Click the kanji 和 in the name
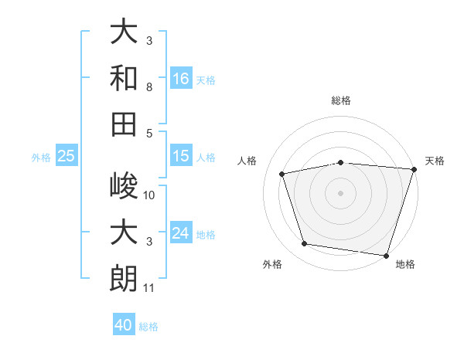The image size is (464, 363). point(124,78)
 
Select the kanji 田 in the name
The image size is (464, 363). point(124,124)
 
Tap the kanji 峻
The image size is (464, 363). point(124,185)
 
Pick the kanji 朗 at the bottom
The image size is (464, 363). point(124,278)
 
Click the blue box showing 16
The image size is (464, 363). point(181,78)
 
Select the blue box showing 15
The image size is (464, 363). point(181,155)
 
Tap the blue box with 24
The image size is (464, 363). point(181,232)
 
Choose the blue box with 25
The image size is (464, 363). point(67,155)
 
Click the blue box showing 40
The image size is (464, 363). point(124,324)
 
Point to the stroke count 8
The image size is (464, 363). point(149,87)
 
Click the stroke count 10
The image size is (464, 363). point(148,195)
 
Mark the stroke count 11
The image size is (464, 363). point(148,288)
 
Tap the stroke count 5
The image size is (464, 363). point(149,134)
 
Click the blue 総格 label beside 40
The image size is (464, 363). point(148,327)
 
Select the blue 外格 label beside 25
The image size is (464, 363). point(41,158)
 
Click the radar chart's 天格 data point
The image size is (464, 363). point(415,169)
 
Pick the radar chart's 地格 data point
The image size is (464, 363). point(386,256)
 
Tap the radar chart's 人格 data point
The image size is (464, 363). point(281,174)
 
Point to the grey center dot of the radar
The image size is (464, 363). point(340,193)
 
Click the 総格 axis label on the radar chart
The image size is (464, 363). point(341,100)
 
